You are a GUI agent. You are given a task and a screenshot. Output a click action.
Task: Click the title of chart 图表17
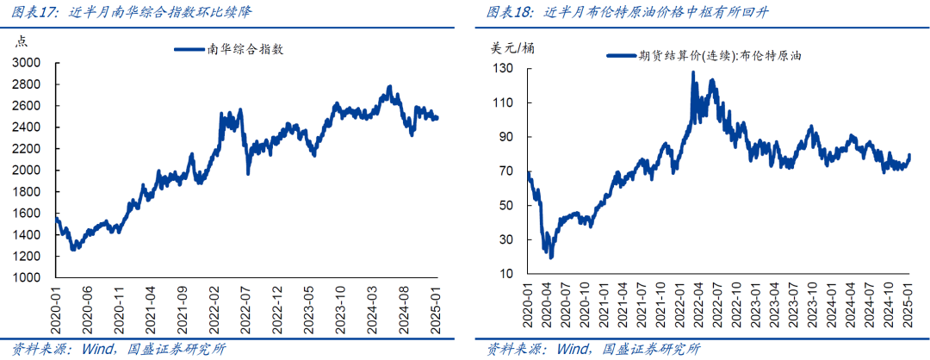[x=129, y=13]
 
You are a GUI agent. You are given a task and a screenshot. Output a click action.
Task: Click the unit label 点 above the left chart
[x=22, y=40]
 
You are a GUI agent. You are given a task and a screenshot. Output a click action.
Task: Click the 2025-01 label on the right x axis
[x=908, y=307]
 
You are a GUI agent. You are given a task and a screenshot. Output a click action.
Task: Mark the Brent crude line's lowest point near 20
[x=551, y=257]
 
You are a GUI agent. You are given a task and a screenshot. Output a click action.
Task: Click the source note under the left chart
[x=112, y=349]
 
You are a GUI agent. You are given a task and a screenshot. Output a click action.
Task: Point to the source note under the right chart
[x=593, y=349]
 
